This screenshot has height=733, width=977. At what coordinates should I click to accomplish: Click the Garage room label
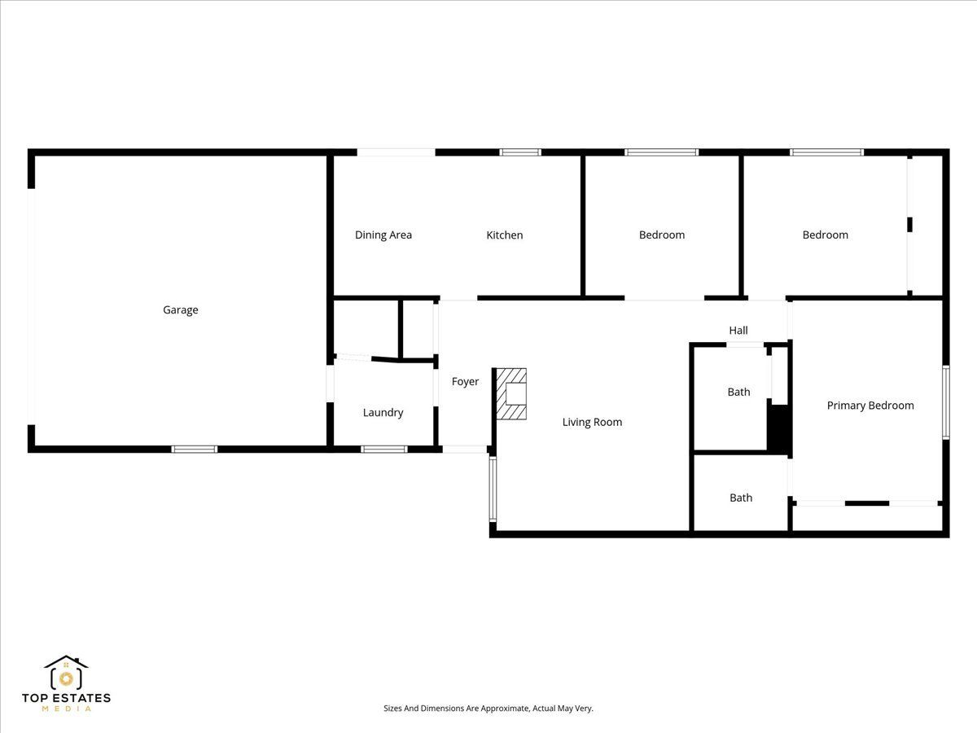pyautogui.click(x=180, y=310)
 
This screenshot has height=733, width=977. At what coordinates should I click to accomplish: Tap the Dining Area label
pyautogui.click(x=383, y=235)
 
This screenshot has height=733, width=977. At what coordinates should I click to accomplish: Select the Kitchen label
pyautogui.click(x=504, y=235)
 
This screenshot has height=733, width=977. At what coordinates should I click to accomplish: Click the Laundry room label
pyautogui.click(x=383, y=413)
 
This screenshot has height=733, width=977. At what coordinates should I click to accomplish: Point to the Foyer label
pyautogui.click(x=465, y=382)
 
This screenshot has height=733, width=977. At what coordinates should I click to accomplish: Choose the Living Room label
pyautogui.click(x=592, y=423)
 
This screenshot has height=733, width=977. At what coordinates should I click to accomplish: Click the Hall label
pyautogui.click(x=738, y=331)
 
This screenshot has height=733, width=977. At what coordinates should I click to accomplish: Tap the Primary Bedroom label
pyautogui.click(x=870, y=406)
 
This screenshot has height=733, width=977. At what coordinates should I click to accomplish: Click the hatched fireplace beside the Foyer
pyautogui.click(x=511, y=394)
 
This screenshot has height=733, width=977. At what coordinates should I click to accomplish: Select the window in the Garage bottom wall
pyautogui.click(x=195, y=450)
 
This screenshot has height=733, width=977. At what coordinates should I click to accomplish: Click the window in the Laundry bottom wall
pyautogui.click(x=383, y=450)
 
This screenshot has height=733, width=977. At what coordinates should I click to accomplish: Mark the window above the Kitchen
pyautogui.click(x=520, y=152)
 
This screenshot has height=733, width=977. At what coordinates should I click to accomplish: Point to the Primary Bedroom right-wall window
pyautogui.click(x=946, y=402)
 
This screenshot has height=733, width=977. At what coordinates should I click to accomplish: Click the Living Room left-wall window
pyautogui.click(x=493, y=489)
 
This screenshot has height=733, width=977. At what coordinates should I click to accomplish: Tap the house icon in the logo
pyautogui.click(x=66, y=673)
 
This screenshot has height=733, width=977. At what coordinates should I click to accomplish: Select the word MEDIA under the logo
pyautogui.click(x=66, y=709)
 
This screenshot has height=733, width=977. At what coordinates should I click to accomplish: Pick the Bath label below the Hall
pyautogui.click(x=738, y=393)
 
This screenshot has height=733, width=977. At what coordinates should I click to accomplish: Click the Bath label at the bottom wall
pyautogui.click(x=741, y=498)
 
